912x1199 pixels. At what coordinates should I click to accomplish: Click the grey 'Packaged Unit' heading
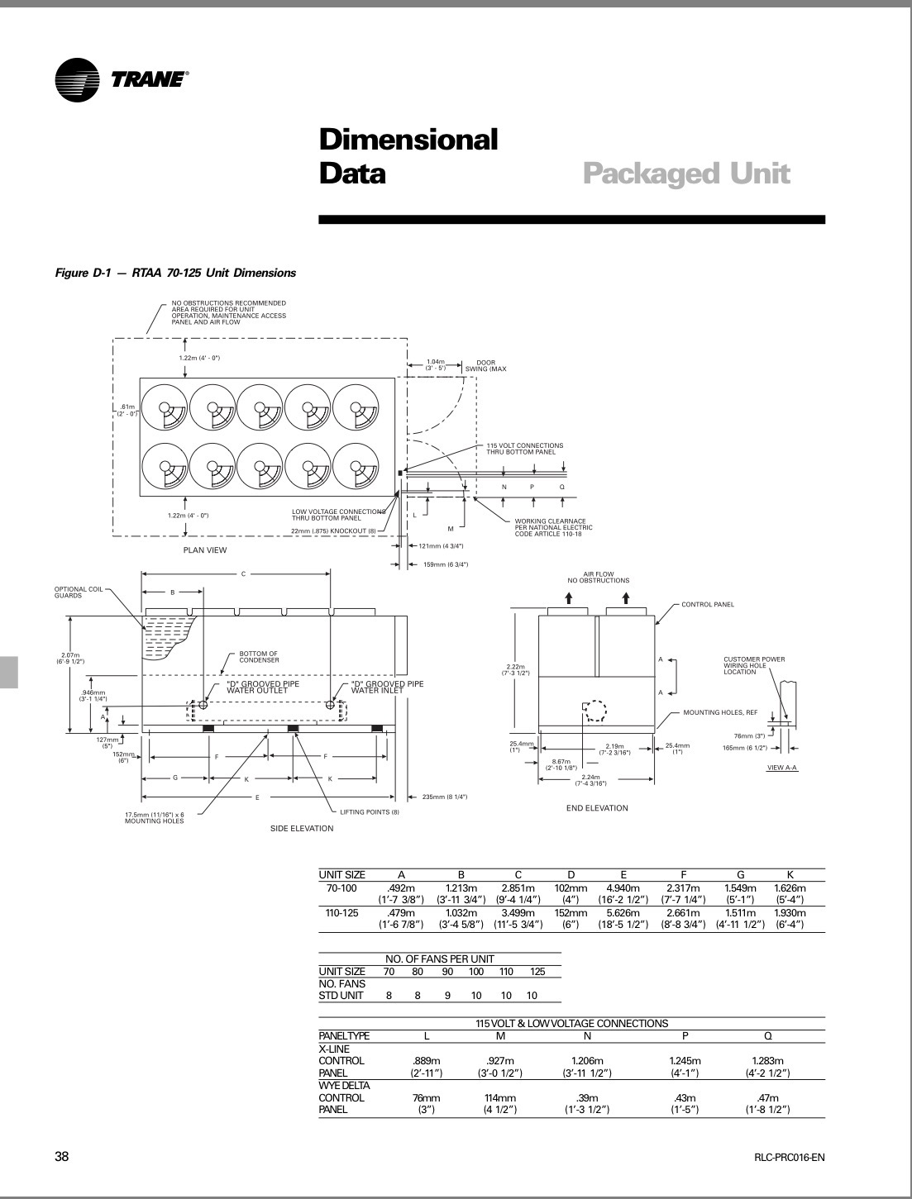[x=686, y=174]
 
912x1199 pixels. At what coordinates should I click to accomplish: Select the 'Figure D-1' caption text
[x=174, y=273]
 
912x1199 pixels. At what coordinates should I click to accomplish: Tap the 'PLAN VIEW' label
[x=204, y=550]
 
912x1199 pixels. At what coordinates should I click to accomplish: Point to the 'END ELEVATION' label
[x=597, y=808]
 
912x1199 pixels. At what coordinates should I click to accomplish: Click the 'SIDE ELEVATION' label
[x=302, y=828]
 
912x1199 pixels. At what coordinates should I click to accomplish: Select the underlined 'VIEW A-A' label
[x=783, y=768]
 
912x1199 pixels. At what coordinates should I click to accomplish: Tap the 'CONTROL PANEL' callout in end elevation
[x=708, y=604]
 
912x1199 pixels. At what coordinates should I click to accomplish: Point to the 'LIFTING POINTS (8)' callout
[x=370, y=812]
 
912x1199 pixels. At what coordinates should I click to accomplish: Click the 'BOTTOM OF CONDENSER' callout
[x=259, y=656]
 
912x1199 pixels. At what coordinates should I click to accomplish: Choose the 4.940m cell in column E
[x=623, y=887]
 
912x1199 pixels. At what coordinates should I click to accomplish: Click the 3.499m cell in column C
[x=518, y=912]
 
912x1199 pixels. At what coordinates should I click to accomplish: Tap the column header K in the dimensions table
[x=790, y=874]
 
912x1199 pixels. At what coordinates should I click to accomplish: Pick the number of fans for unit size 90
[x=447, y=996]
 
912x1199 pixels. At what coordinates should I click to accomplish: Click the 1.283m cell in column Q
[x=767, y=1061]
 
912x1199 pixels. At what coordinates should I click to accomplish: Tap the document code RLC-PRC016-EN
[x=784, y=1158]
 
